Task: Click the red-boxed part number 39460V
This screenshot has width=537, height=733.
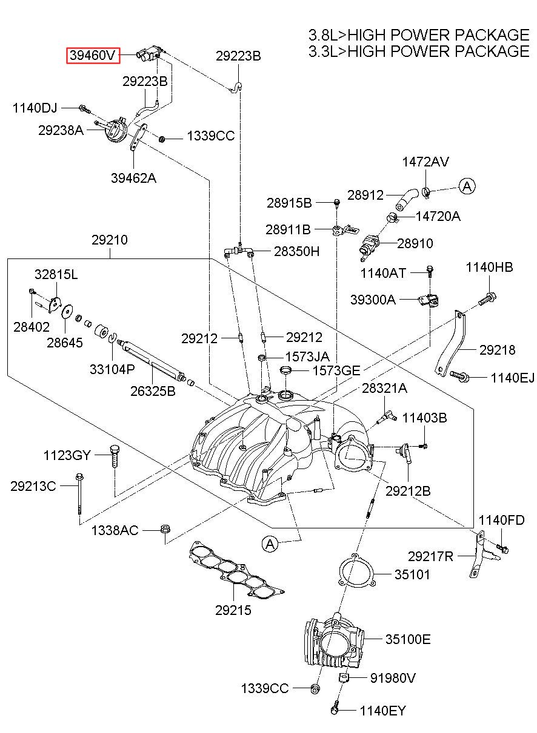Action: tap(93, 55)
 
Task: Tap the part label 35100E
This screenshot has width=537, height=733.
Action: tap(408, 639)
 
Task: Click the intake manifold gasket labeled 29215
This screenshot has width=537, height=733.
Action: tap(236, 570)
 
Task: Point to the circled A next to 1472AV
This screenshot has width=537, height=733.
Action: tap(467, 186)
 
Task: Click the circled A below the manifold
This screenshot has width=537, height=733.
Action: tap(270, 544)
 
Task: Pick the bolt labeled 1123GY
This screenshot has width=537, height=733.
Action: tap(115, 456)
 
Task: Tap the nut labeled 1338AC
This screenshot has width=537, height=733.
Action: tap(165, 528)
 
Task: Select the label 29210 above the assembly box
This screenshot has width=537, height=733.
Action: tap(110, 240)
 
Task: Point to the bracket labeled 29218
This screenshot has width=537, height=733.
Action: tap(452, 344)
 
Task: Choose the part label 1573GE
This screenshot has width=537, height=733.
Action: tap(336, 371)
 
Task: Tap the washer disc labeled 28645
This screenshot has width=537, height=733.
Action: tap(67, 311)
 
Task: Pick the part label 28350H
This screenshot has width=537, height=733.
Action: tap(296, 252)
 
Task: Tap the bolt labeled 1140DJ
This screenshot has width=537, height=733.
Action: tap(84, 108)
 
